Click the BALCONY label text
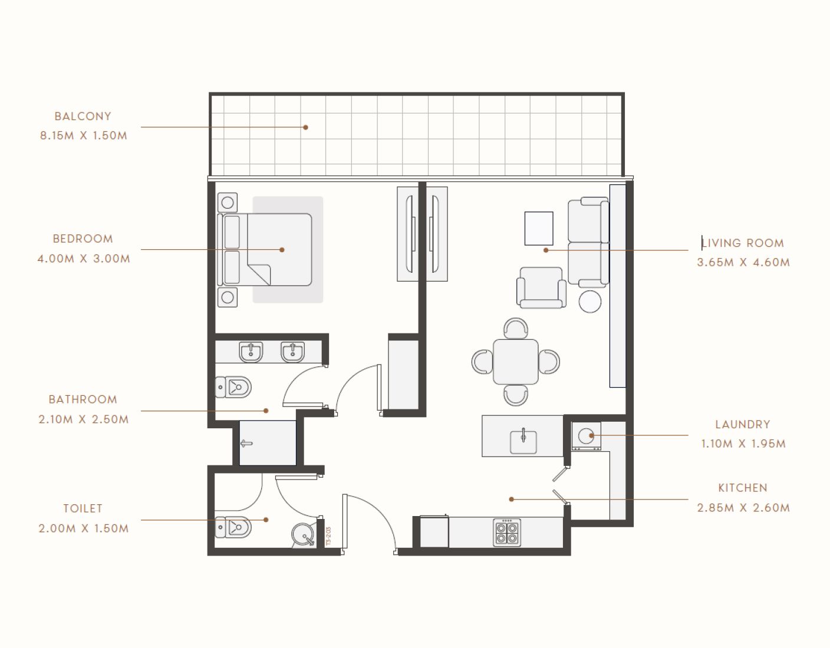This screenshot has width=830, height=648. [x=83, y=117]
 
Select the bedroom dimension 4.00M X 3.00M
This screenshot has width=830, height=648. [x=84, y=259]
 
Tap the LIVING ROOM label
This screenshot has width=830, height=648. [x=743, y=243]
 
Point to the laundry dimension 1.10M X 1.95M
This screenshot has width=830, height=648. [x=743, y=444]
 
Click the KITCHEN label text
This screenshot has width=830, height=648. [x=743, y=488]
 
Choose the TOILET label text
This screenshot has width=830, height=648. [x=83, y=508]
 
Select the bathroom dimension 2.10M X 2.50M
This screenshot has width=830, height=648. [x=84, y=419]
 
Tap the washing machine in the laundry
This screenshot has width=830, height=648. [x=586, y=437]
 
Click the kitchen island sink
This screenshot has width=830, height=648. [x=523, y=441]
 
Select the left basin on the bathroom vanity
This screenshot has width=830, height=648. [x=251, y=352]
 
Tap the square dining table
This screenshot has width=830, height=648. [x=516, y=362]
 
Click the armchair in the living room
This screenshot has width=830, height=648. [x=541, y=287]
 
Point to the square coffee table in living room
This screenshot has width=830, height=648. [x=539, y=229]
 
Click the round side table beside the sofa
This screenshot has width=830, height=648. [x=590, y=302]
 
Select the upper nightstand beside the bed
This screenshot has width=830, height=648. [x=228, y=203]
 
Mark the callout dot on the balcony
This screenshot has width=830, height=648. [x=305, y=127]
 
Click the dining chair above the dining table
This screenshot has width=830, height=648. [x=516, y=328]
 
